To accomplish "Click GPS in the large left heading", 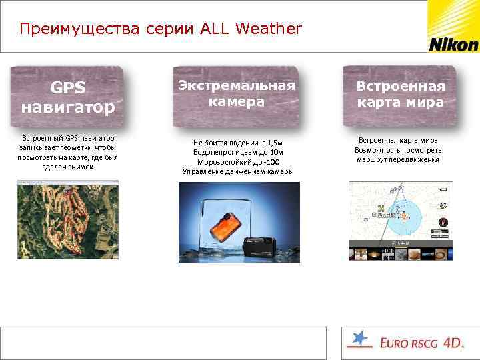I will tap(68, 88).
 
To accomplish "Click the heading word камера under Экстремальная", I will tap(236, 102).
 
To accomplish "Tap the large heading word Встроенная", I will tap(400, 87).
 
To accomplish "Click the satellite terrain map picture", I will tap(67, 220).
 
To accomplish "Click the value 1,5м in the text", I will tap(272, 142).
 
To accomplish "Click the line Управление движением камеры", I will tap(238, 172).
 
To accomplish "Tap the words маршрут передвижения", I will tap(398, 160).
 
